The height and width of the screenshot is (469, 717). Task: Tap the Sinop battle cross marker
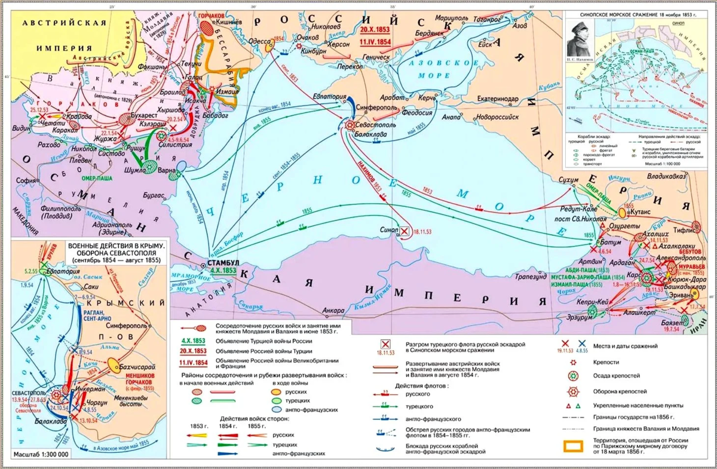[x=405, y=231]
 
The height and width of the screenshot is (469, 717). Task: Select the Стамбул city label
[x=223, y=262]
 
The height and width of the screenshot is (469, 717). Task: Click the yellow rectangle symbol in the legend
[x=574, y=446]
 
